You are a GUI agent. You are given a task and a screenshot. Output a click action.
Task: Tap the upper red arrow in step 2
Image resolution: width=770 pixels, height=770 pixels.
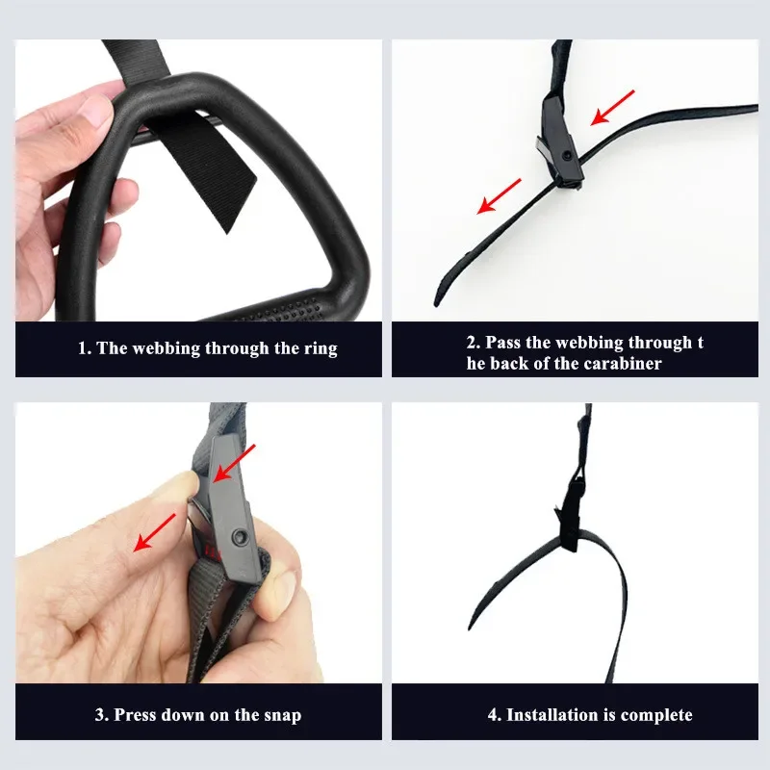613,107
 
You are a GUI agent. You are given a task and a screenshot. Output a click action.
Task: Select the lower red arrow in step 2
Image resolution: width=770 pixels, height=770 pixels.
499,195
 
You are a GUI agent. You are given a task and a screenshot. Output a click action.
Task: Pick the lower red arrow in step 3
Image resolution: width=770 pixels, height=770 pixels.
155,532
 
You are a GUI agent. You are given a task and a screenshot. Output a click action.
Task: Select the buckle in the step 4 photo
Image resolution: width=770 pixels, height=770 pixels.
569,521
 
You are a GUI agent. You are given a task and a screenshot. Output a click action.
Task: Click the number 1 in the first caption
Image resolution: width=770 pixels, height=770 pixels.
83,348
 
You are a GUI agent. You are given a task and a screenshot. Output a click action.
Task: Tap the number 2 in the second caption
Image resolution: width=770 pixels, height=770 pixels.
472,343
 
